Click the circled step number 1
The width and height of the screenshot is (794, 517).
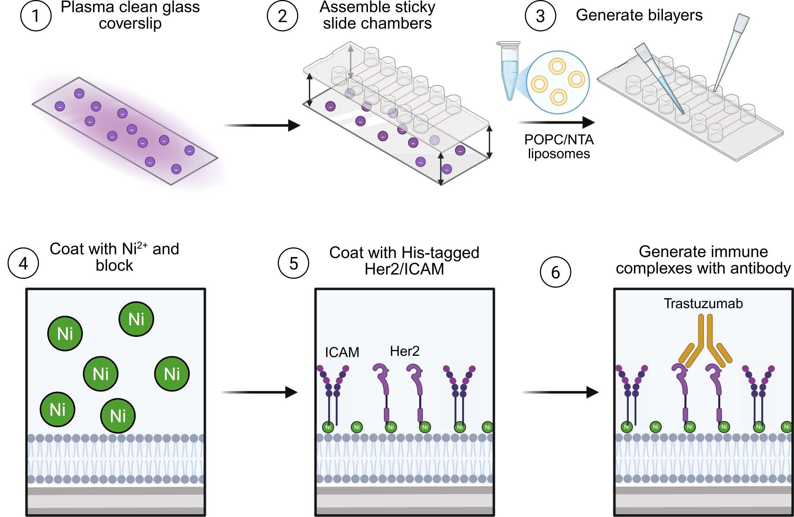coord(36,16)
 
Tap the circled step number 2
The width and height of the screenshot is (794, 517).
coord(282,16)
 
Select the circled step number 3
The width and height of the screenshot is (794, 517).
coord(540,16)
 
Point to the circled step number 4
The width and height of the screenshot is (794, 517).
coord(23,263)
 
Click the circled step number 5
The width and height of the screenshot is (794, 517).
coord(293,263)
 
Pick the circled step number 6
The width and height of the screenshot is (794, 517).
coord(555,272)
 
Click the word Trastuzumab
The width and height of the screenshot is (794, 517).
coord(703,304)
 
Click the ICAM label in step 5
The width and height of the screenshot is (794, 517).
coord(342,352)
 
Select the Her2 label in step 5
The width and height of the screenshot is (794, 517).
coord(404,351)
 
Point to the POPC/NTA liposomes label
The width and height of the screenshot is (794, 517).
coord(559,147)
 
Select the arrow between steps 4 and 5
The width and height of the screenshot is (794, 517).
coord(259,392)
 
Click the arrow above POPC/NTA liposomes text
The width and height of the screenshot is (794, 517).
coord(556,122)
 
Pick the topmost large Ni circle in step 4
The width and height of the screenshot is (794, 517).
coord(136,319)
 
